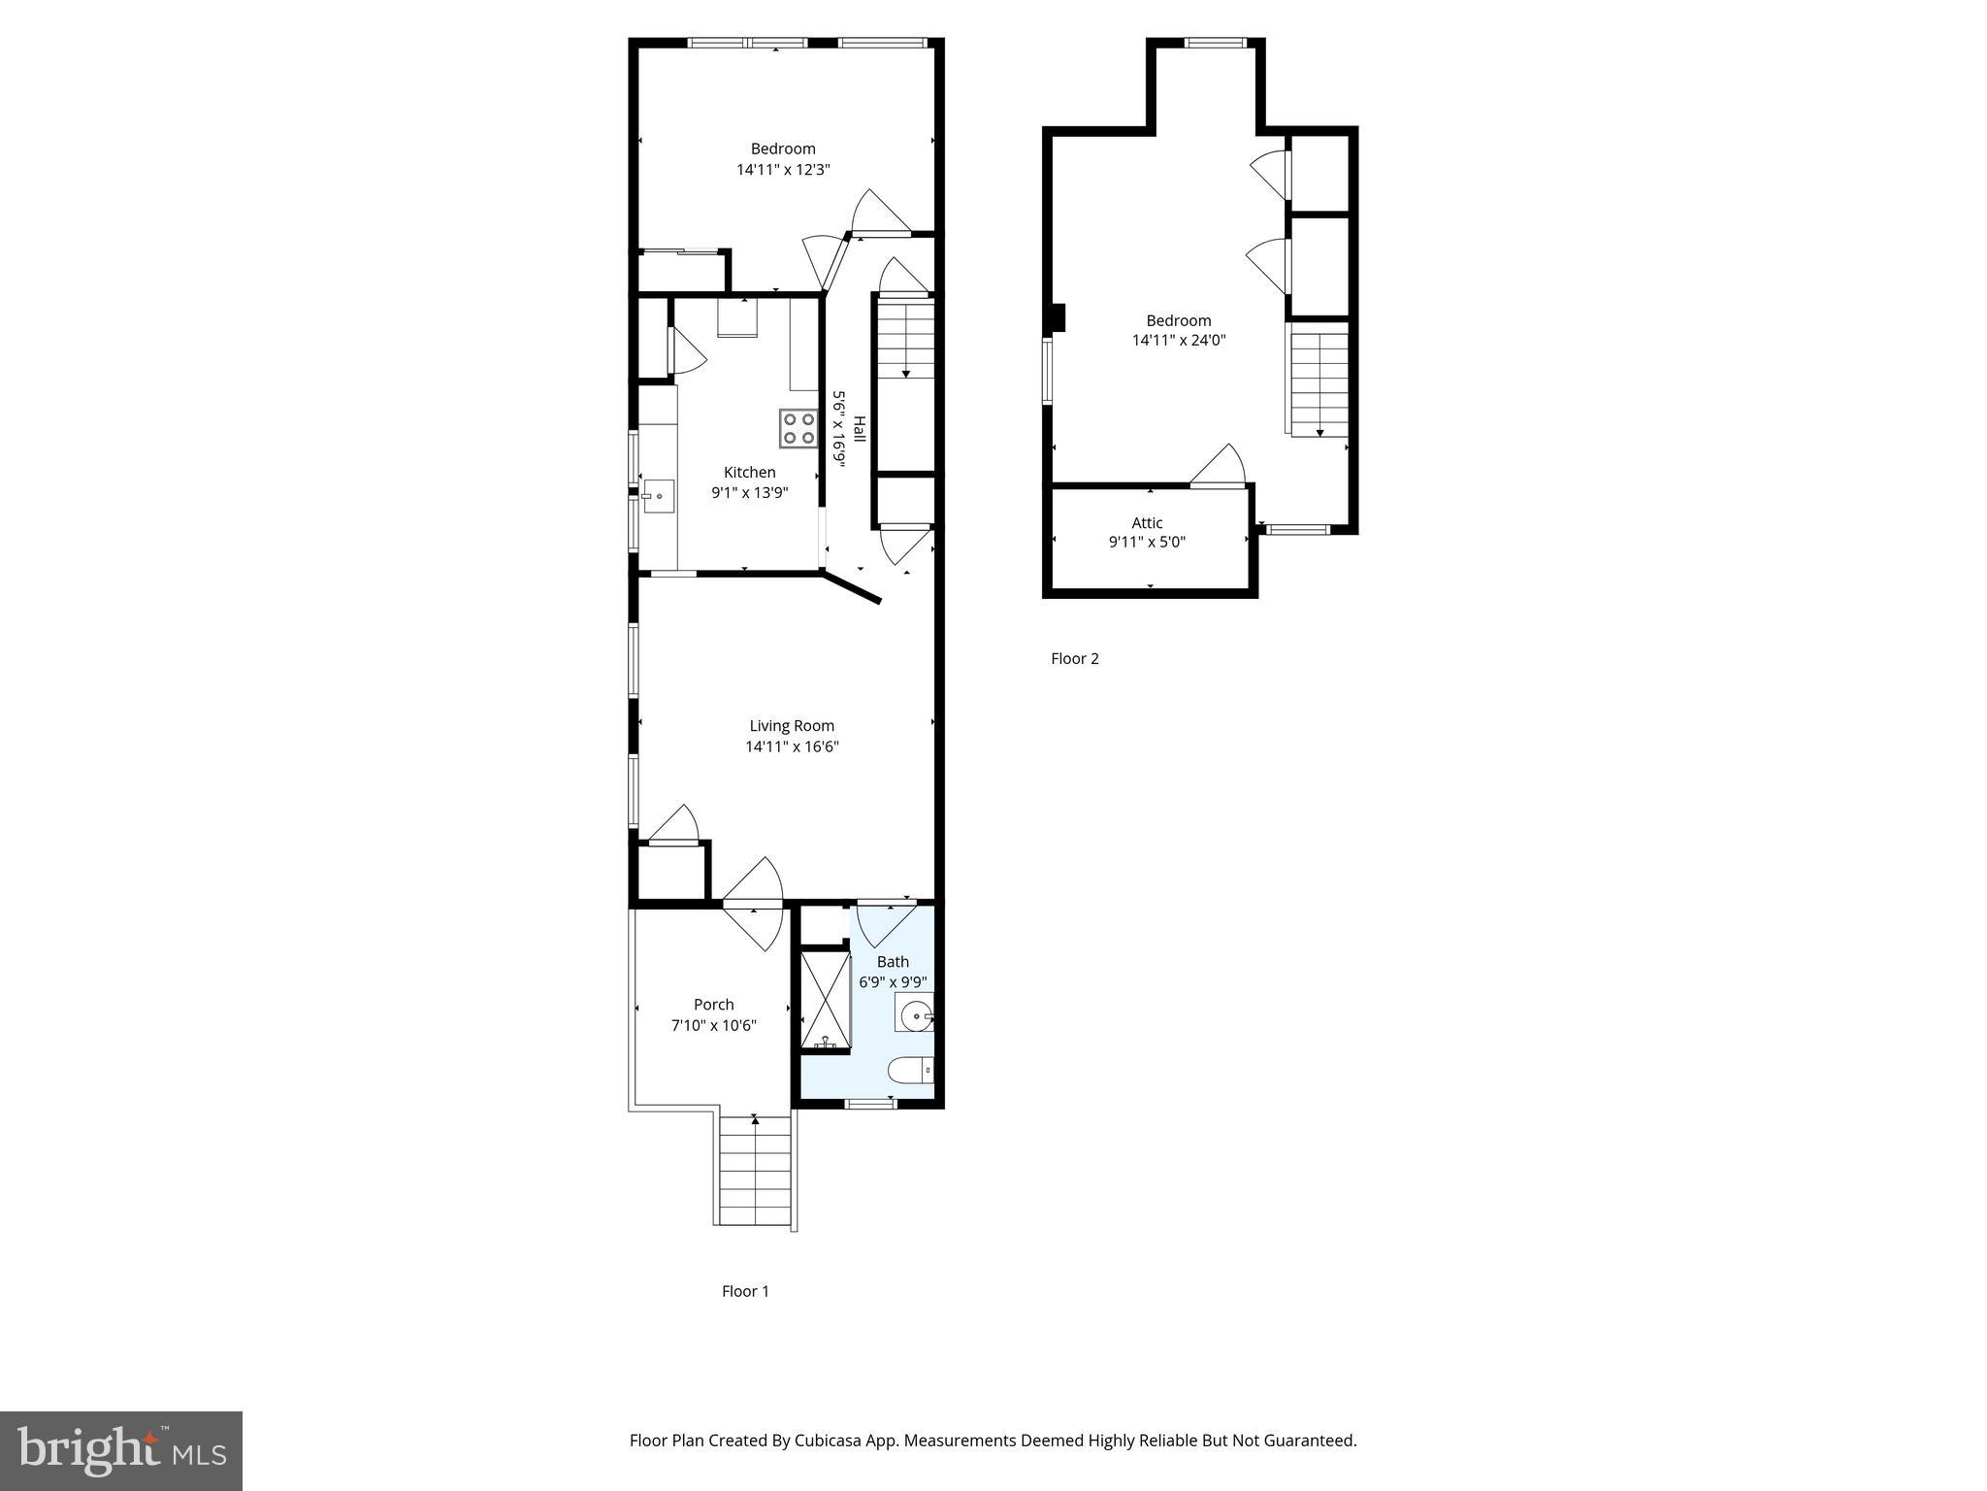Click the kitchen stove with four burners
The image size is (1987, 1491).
[x=798, y=428]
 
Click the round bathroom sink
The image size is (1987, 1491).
[x=914, y=1017]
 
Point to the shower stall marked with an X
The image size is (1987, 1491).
[x=825, y=1001]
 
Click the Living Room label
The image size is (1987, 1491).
[x=792, y=726]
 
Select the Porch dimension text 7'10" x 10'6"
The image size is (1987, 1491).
[x=714, y=1026]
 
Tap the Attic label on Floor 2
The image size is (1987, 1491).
[x=1147, y=523]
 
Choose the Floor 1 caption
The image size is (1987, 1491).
[x=745, y=1291]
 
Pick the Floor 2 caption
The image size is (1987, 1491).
[x=1075, y=659]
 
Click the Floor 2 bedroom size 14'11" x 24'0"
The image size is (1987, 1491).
[x=1179, y=341]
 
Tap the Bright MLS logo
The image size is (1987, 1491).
[x=121, y=1451]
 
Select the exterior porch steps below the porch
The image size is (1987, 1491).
[x=755, y=1171]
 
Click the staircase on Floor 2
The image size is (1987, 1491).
[x=1319, y=381]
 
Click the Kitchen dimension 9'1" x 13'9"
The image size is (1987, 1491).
[x=750, y=493]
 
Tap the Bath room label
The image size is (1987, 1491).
[x=893, y=962]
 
